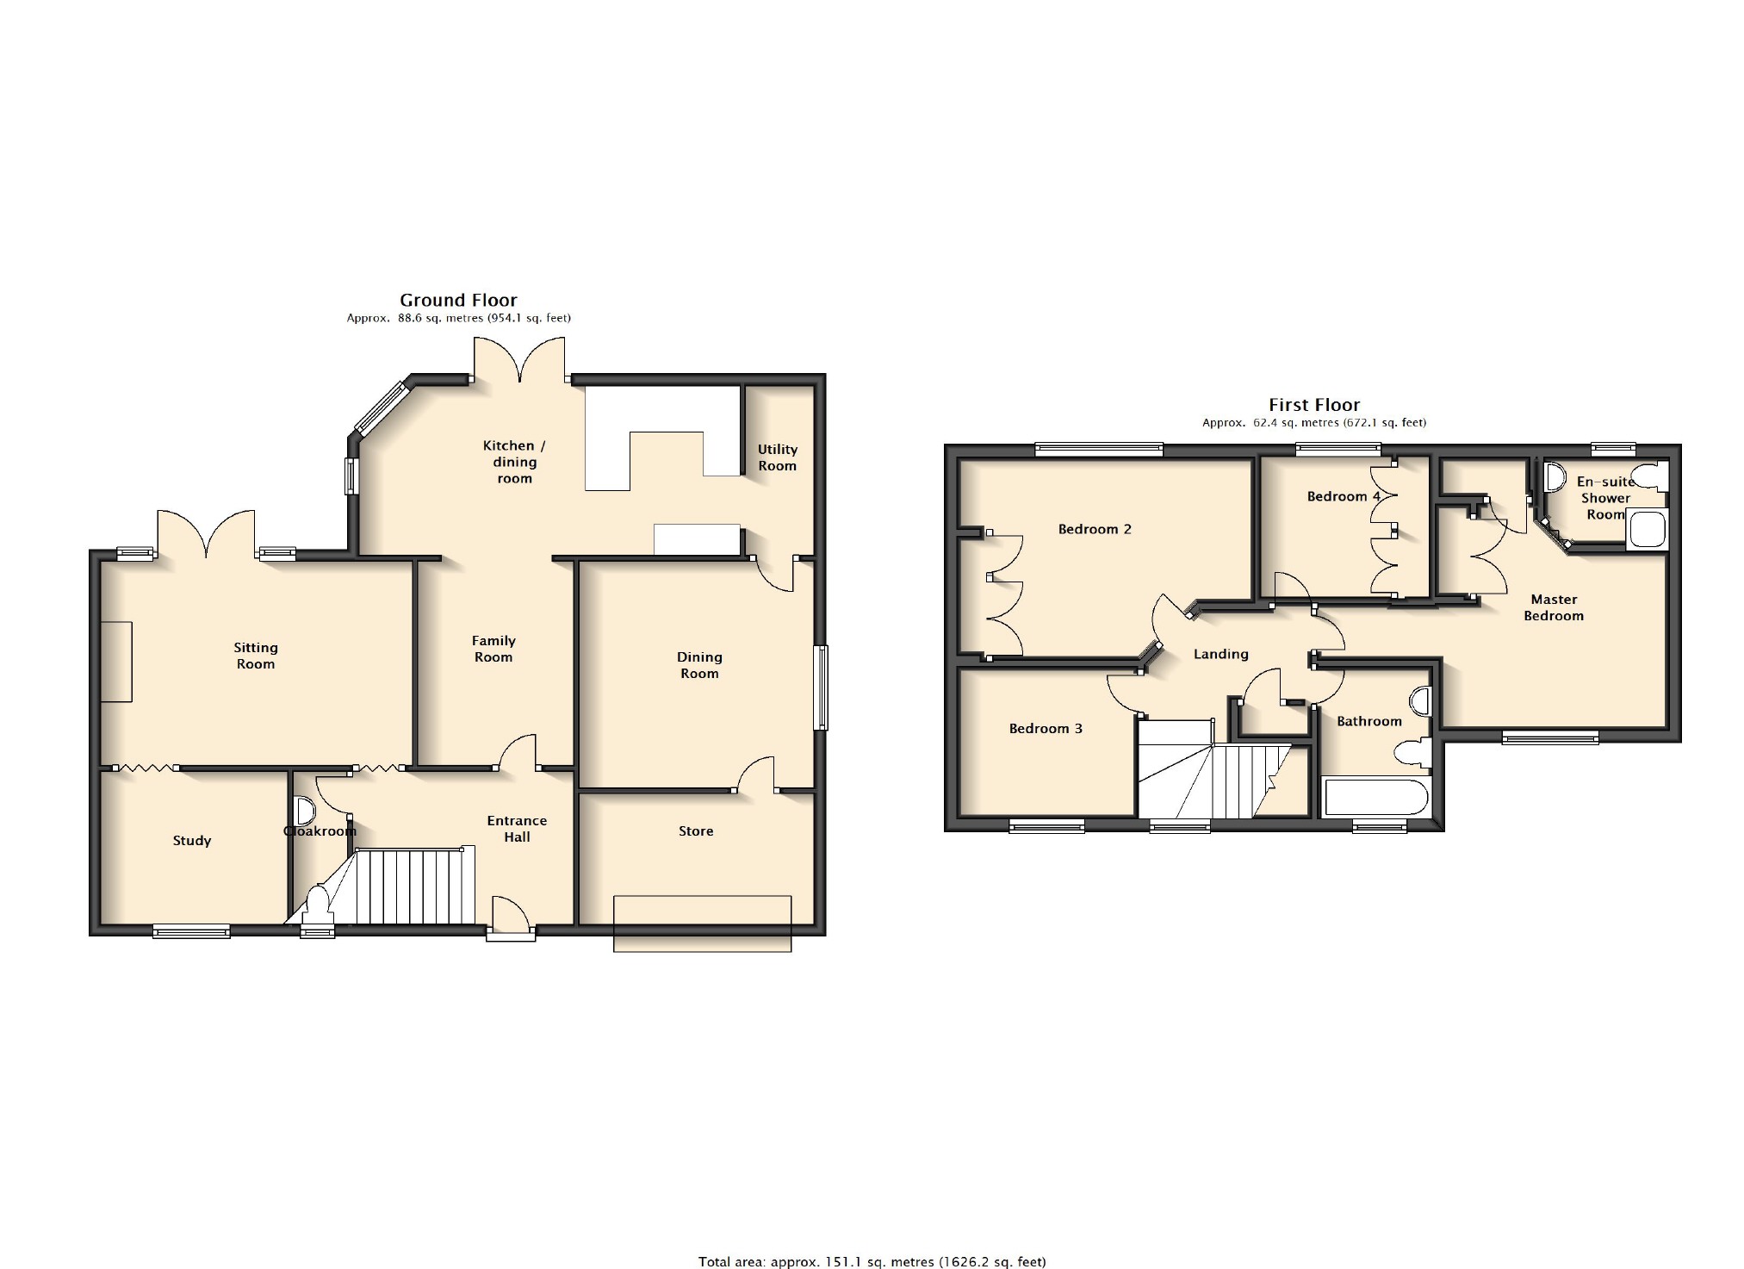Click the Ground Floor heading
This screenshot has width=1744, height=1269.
click(x=458, y=300)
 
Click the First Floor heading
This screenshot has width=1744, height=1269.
click(x=1314, y=405)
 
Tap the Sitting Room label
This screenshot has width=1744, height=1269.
click(x=256, y=656)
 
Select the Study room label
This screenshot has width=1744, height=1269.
click(x=192, y=841)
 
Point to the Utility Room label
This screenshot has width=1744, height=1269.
click(x=778, y=457)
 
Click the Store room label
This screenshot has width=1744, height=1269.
click(x=696, y=831)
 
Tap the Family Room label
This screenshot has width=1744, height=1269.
click(x=493, y=649)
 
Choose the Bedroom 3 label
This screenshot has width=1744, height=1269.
click(x=1046, y=729)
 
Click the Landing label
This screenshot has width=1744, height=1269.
click(x=1221, y=655)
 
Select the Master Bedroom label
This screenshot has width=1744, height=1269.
click(x=1554, y=607)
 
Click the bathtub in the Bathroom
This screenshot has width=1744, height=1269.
click(x=1375, y=797)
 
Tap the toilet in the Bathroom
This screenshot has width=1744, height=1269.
click(x=1412, y=753)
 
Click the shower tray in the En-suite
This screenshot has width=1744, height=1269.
click(x=1647, y=530)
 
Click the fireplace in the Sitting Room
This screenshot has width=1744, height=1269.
click(x=116, y=662)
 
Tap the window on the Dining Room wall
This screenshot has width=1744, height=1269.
click(x=822, y=688)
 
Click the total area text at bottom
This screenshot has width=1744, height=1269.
click(x=872, y=1261)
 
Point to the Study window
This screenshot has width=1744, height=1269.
click(x=191, y=930)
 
